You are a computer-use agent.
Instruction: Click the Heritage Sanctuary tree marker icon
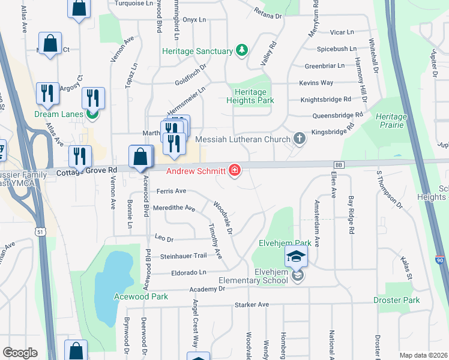(242, 50)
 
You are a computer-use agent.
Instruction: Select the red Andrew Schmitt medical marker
(235, 171)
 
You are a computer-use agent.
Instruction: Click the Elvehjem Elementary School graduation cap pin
(296, 258)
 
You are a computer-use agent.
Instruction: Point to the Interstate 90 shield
(439, 260)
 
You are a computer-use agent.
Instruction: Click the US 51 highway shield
(41, 231)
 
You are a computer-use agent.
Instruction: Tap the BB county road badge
(339, 164)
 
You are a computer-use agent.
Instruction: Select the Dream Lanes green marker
(92, 113)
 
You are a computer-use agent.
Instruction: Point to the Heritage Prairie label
(391, 121)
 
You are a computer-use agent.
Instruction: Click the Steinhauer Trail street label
(183, 256)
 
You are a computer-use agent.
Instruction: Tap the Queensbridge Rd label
(338, 115)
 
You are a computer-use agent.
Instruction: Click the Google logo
(20, 353)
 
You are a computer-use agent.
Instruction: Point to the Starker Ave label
(252, 305)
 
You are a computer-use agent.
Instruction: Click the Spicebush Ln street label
(337, 49)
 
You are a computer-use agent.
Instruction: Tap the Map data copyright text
(423, 355)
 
